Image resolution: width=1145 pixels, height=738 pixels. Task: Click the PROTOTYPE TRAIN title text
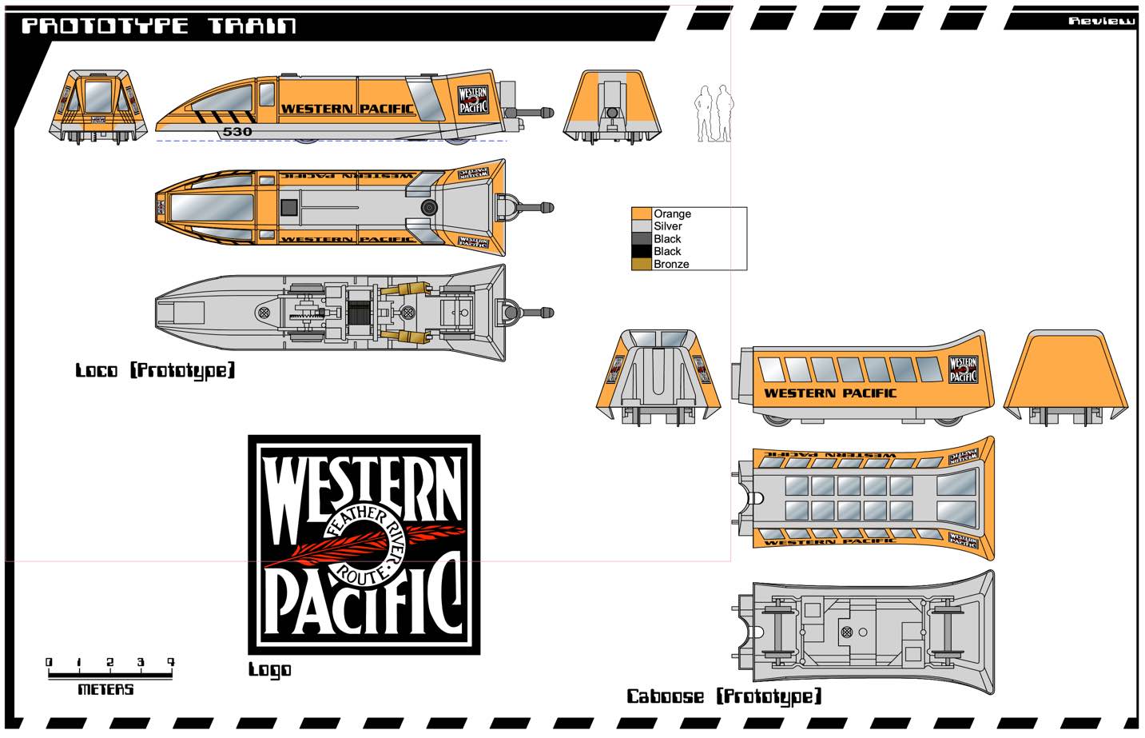[158, 26]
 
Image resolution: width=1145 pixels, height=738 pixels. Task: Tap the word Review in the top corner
[1101, 21]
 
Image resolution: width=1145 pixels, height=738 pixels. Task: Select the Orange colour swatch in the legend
[642, 213]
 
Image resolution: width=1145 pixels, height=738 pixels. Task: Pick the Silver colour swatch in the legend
[642, 226]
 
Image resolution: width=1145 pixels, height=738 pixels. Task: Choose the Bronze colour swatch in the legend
[642, 264]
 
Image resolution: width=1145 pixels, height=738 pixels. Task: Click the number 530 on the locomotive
[237, 132]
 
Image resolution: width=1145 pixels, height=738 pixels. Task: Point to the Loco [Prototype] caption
[155, 370]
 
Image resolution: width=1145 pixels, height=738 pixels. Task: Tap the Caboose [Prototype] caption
[724, 696]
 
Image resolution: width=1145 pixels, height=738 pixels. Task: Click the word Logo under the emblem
[269, 670]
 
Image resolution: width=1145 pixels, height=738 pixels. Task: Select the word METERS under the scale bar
[105, 689]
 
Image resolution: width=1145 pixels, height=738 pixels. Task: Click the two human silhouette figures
[714, 114]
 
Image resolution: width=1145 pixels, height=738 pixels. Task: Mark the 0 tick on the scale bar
[49, 663]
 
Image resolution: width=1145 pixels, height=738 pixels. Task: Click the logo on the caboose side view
[963, 369]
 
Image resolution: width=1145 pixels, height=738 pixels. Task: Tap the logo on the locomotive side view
[473, 99]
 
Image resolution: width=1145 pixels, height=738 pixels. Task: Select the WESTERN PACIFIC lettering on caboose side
[829, 393]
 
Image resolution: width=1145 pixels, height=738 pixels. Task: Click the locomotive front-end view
[99, 106]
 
